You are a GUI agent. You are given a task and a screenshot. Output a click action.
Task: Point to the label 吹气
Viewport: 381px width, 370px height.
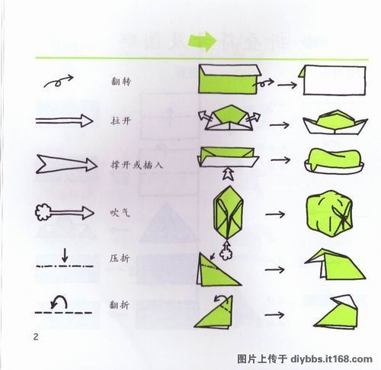pos(116,211)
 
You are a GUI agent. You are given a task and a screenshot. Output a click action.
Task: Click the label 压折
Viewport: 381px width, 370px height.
pos(120,260)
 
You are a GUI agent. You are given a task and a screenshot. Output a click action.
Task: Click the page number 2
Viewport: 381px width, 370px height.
pos(34,336)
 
